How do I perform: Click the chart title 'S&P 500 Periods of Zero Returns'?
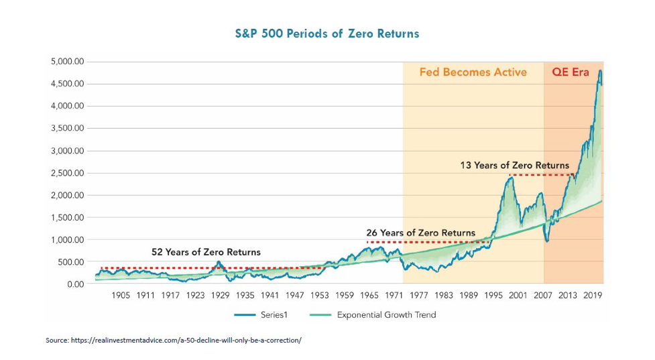pos(326,34)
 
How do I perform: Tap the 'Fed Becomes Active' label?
pos(473,72)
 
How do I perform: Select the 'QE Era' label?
pos(570,72)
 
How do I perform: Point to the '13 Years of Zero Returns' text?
pos(514,165)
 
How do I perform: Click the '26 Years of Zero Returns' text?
pos(420,233)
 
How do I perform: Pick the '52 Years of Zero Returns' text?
pos(205,252)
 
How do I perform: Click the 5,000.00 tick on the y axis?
pos(67,62)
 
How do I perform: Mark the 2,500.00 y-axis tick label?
pos(67,173)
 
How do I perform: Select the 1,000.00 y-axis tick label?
pos(67,240)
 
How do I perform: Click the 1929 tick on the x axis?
pos(221,295)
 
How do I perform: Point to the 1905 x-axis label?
pos(121,295)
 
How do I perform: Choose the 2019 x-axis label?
pos(593,295)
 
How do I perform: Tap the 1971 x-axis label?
pos(394,295)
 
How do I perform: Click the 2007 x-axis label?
pos(543,295)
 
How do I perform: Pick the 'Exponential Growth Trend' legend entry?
pos(385,314)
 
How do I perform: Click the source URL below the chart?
pos(173,341)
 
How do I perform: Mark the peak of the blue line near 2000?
pos(512,177)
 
